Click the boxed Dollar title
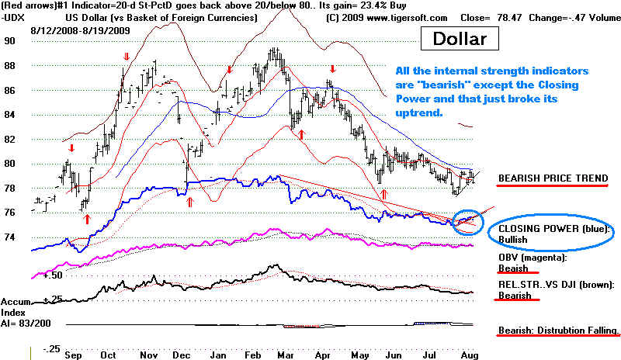tap(460, 37)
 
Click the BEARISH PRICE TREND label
tap(553, 178)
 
